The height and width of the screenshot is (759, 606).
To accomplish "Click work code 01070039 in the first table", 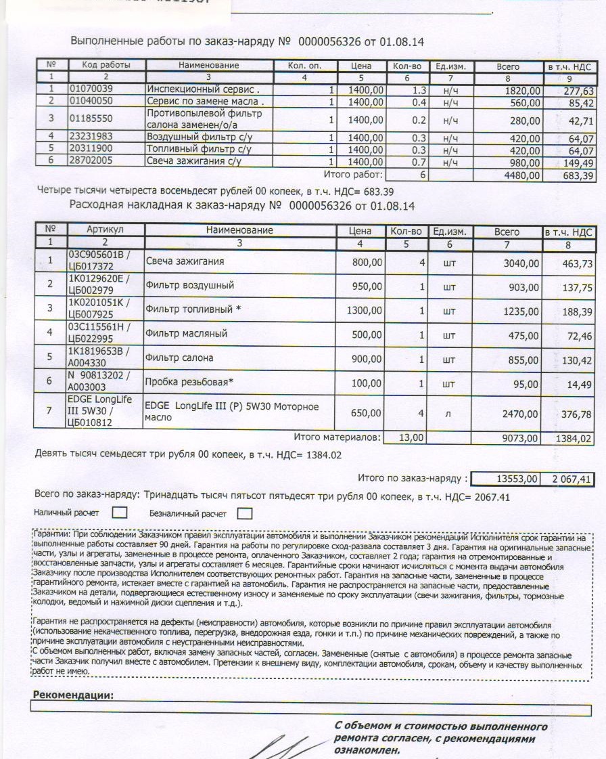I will pos(90,89).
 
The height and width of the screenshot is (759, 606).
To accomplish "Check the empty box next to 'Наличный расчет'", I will pos(119,513).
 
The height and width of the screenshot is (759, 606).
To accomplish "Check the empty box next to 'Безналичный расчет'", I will pos(245,513).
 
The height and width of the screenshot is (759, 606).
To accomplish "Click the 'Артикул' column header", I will pos(106,230).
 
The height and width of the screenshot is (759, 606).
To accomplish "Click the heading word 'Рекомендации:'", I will pos(73,695).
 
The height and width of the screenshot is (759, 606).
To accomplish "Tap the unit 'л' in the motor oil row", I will pos(448,412).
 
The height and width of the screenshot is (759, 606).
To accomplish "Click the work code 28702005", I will pos(90,160).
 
